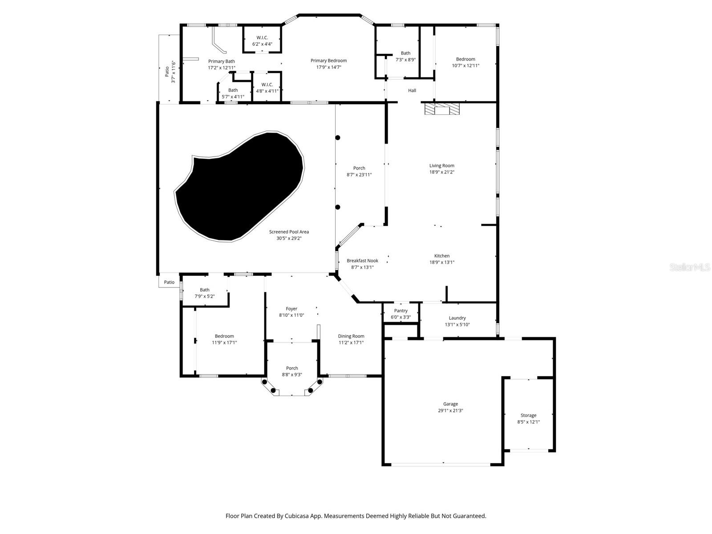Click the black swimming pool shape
pyautogui.click(x=240, y=187)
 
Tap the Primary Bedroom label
pyautogui.click(x=328, y=61)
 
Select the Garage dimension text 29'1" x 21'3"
pyautogui.click(x=450, y=411)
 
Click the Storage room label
pyautogui.click(x=528, y=415)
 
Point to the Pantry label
pyautogui.click(x=400, y=311)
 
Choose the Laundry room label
pyautogui.click(x=457, y=318)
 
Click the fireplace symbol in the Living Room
pyautogui.click(x=440, y=109)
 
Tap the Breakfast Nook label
pyautogui.click(x=362, y=261)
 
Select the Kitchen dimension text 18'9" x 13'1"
pyautogui.click(x=442, y=263)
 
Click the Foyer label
pyautogui.click(x=291, y=308)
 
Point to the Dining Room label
pyautogui.click(x=351, y=336)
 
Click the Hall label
pyautogui.click(x=412, y=90)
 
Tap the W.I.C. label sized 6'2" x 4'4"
pyautogui.click(x=262, y=37)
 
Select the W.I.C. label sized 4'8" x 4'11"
pyautogui.click(x=267, y=85)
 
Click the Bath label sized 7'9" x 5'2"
pyautogui.click(x=204, y=290)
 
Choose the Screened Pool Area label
pyautogui.click(x=289, y=231)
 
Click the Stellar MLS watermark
pyautogui.click(x=690, y=267)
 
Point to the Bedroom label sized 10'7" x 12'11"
pyautogui.click(x=465, y=59)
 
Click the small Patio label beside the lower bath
pyautogui.click(x=169, y=282)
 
